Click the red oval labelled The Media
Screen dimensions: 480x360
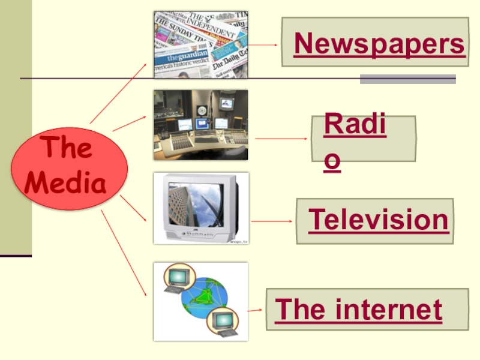click(x=69, y=168)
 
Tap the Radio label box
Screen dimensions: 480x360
click(x=363, y=139)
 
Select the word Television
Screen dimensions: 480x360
click(x=378, y=220)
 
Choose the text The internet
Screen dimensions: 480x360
click(x=359, y=310)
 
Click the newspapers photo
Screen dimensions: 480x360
click(x=200, y=44)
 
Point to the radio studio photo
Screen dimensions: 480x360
click(x=200, y=125)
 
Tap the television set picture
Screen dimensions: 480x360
click(x=200, y=208)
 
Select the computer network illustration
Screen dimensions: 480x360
click(x=200, y=301)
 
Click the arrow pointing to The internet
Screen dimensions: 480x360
click(x=255, y=310)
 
